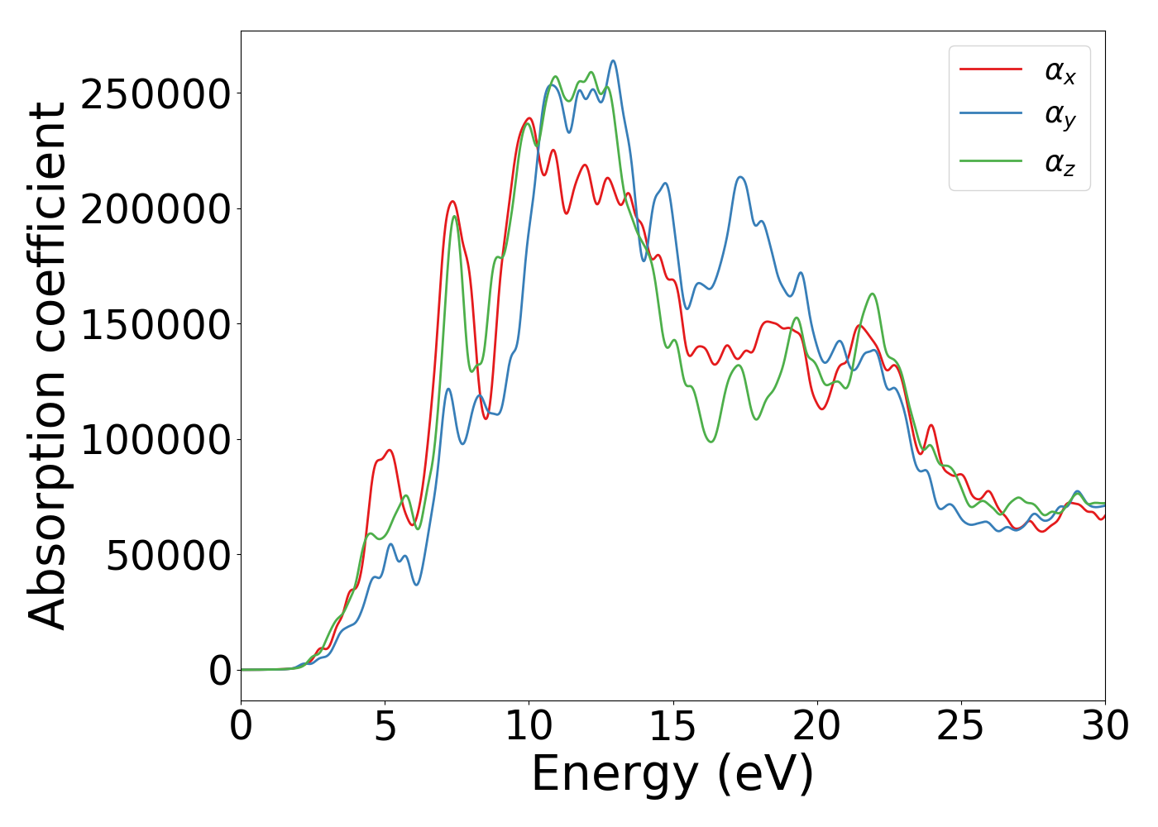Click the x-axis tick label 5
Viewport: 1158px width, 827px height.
tap(385, 727)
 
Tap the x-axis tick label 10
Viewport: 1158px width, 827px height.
tap(529, 727)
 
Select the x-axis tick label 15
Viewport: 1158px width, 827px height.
tap(672, 727)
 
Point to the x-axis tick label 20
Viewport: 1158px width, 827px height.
tap(816, 727)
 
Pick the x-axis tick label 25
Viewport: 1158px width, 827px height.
tap(960, 727)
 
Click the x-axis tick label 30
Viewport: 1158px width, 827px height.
tap(1104, 727)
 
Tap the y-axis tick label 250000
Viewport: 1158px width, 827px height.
tap(155, 94)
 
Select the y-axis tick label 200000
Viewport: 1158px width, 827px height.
tap(155, 209)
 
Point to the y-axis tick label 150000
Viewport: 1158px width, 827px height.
tap(155, 325)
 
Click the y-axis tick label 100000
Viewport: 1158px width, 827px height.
tap(155, 440)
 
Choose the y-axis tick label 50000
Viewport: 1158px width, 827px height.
tap(168, 556)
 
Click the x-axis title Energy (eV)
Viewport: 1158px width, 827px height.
tap(672, 775)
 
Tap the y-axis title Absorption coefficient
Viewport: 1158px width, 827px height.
tap(47, 366)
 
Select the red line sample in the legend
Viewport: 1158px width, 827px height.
tap(990, 69)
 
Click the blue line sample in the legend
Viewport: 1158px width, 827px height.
tap(990, 115)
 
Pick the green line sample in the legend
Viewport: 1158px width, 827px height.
tap(990, 160)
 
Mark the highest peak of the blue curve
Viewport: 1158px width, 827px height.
tap(613, 60)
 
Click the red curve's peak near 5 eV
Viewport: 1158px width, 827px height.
tap(389, 451)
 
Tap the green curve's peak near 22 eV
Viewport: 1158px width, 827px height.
tap(873, 294)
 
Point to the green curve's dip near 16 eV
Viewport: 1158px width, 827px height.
tap(711, 442)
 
